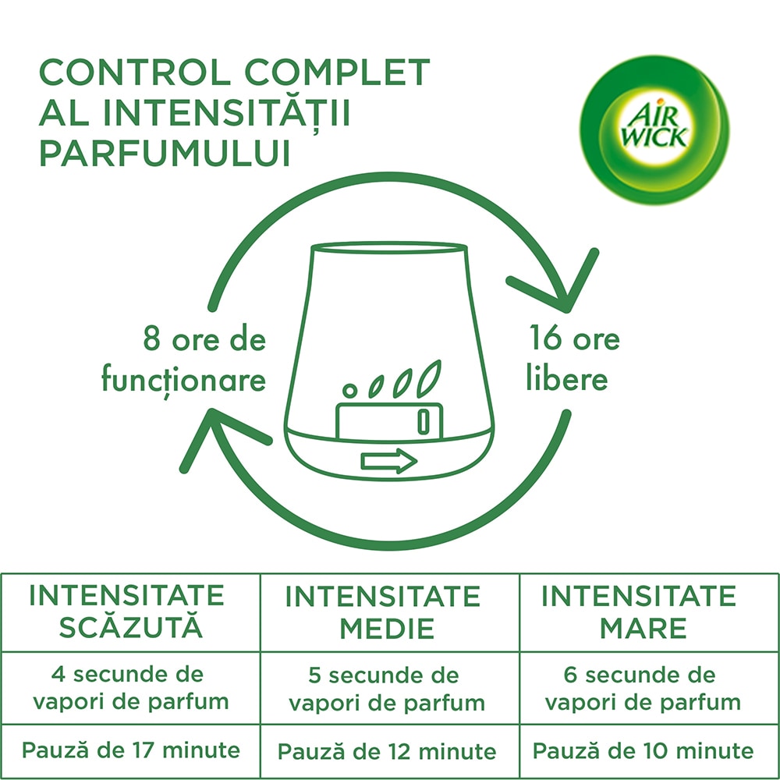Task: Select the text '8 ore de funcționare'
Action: (x=185, y=360)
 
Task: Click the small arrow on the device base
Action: (x=388, y=461)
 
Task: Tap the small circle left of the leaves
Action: (x=350, y=388)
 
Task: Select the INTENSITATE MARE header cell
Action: (x=639, y=612)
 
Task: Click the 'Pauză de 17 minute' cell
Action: (x=130, y=750)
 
